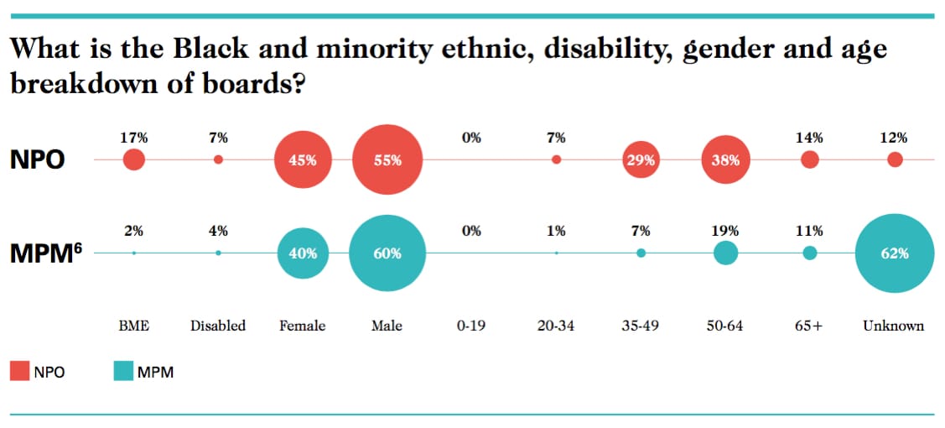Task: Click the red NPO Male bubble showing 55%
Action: point(387,159)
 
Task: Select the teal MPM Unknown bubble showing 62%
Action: point(894,253)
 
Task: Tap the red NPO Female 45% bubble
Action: point(302,159)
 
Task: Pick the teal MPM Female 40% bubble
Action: point(302,253)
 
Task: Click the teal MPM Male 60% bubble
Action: point(387,253)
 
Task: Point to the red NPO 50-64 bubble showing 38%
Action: point(725,159)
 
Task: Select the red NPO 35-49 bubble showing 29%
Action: point(641,159)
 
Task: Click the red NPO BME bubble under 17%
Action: point(133,159)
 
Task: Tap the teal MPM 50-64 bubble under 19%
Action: point(725,253)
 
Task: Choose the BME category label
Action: point(133,326)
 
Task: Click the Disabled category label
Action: point(218,326)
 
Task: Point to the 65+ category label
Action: point(809,326)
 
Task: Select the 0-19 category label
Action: point(471,326)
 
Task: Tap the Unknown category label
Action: point(894,326)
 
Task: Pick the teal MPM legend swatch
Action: point(123,371)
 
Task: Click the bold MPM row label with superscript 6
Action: point(45,253)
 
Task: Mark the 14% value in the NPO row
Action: point(810,138)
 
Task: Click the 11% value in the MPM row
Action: point(810,231)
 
